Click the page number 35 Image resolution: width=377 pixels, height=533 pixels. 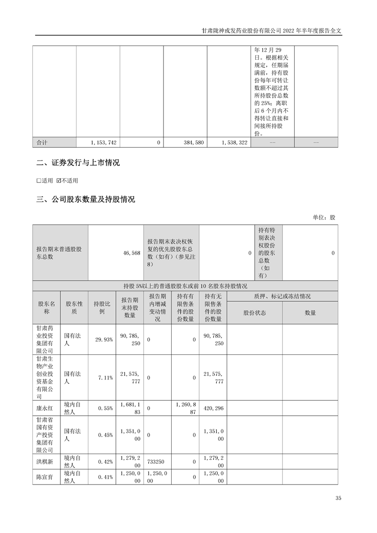[x=338, y=498]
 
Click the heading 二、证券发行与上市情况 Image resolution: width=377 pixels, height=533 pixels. [x=78, y=163]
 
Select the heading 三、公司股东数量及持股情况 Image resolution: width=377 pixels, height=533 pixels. [x=86, y=200]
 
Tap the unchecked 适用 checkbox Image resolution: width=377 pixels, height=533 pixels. [x=39, y=181]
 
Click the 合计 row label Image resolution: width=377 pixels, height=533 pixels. [x=43, y=143]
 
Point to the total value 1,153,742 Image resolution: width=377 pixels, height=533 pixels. [x=103, y=143]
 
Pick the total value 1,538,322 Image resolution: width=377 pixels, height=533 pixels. [x=234, y=143]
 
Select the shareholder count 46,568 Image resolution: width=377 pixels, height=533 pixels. [x=131, y=253]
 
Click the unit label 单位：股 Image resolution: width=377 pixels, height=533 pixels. [x=324, y=217]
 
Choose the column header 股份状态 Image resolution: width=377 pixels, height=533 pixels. [x=255, y=313]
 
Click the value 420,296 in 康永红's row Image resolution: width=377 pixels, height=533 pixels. [x=213, y=408]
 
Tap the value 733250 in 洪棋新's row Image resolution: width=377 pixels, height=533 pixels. [x=157, y=461]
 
